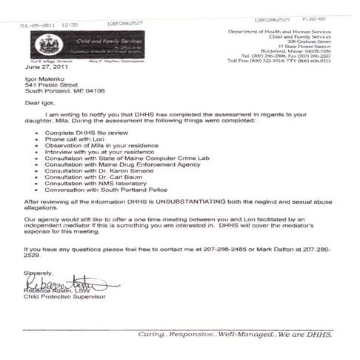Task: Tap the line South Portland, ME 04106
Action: pyautogui.click(x=67, y=91)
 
